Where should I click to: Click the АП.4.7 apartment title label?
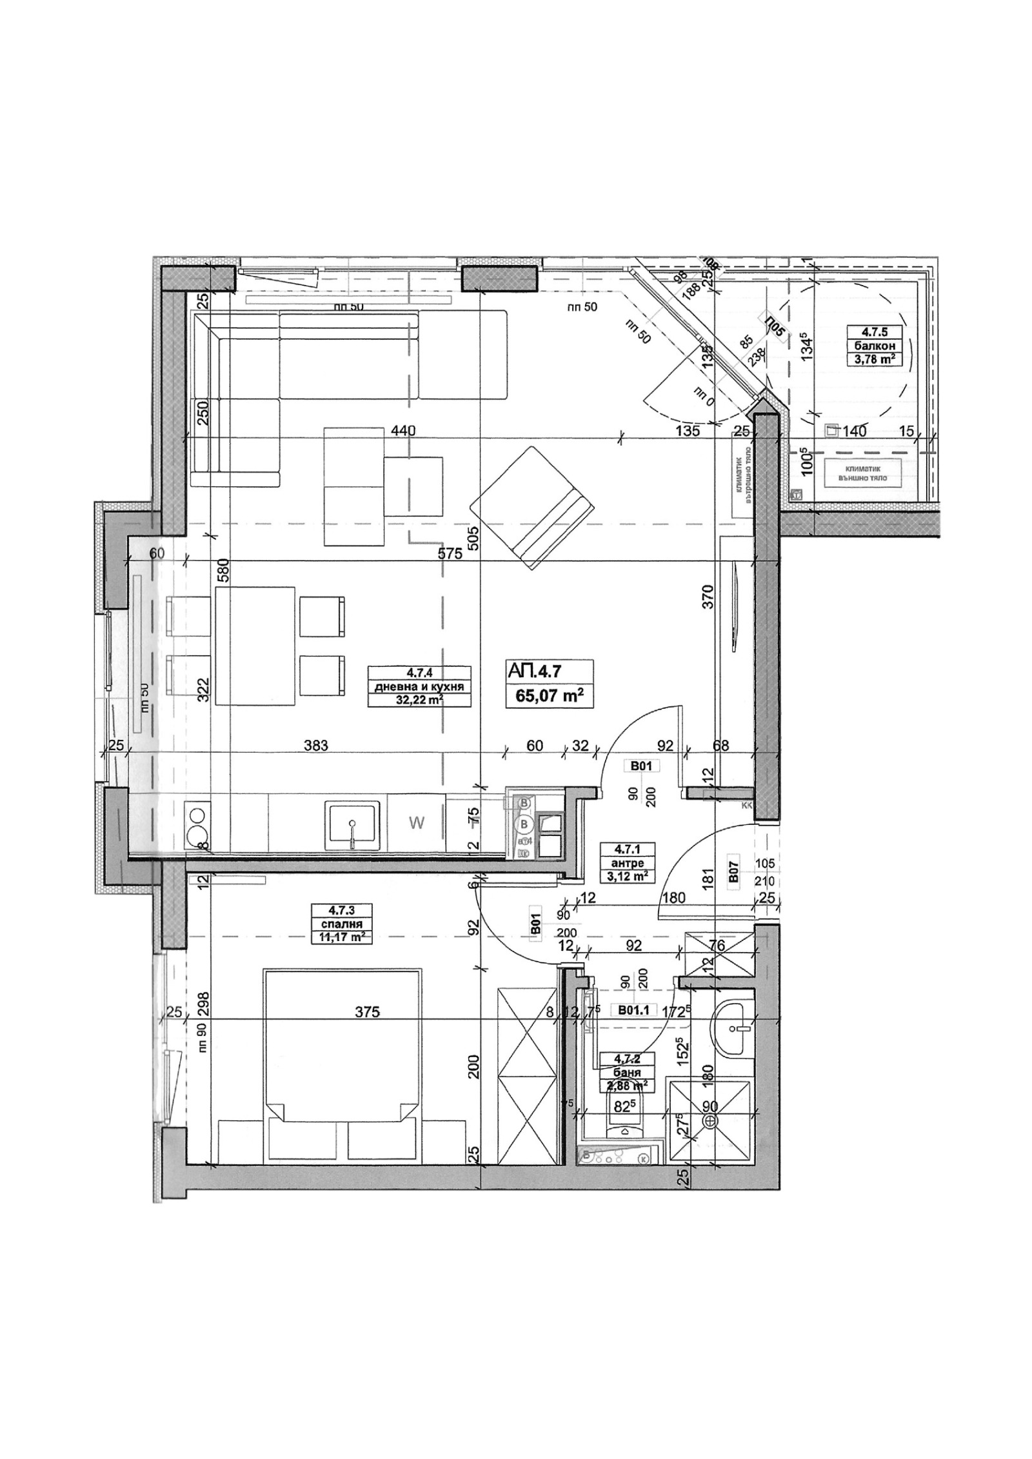535,671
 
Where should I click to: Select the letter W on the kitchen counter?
417,823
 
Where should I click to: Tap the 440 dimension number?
401,431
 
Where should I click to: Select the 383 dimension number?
316,746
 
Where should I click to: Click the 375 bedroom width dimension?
367,1013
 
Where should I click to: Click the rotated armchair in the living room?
532,508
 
